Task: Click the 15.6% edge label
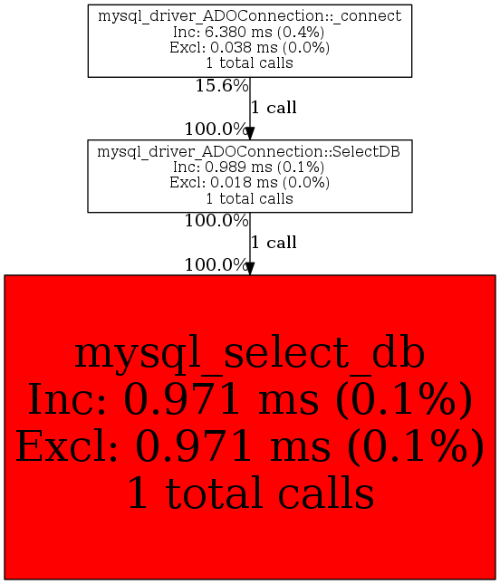coord(222,86)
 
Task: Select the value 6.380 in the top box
coord(226,32)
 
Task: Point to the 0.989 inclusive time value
coord(226,167)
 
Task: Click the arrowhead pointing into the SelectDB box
coord(250,133)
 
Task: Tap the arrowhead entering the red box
coord(250,269)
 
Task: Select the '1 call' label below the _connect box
coord(274,108)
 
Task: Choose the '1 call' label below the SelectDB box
coord(274,243)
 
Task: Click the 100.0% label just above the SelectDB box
coord(216,129)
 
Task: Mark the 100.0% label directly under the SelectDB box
coord(216,221)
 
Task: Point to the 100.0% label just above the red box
coord(216,265)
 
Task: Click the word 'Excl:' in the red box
coord(67,445)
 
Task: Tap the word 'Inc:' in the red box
coord(67,399)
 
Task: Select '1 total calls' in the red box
coord(250,493)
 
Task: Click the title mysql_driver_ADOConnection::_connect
coord(250,16)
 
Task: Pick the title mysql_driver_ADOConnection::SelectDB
coord(248,151)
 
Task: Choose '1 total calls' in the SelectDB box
coord(250,198)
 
